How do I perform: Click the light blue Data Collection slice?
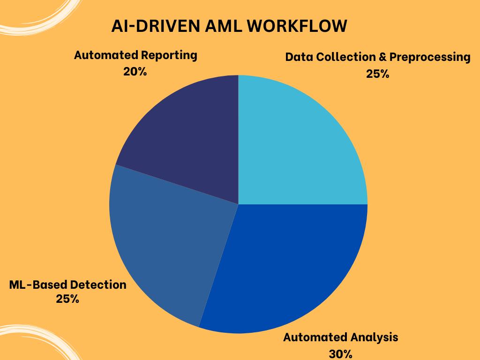(300, 141)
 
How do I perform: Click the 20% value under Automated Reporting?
(135, 72)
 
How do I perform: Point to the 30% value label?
(340, 354)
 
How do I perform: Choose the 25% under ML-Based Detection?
(67, 299)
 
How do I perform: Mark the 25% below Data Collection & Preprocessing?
(378, 74)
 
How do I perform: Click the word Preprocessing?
(430, 58)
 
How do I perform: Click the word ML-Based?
(37, 285)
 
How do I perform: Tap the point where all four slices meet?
(239, 204)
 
